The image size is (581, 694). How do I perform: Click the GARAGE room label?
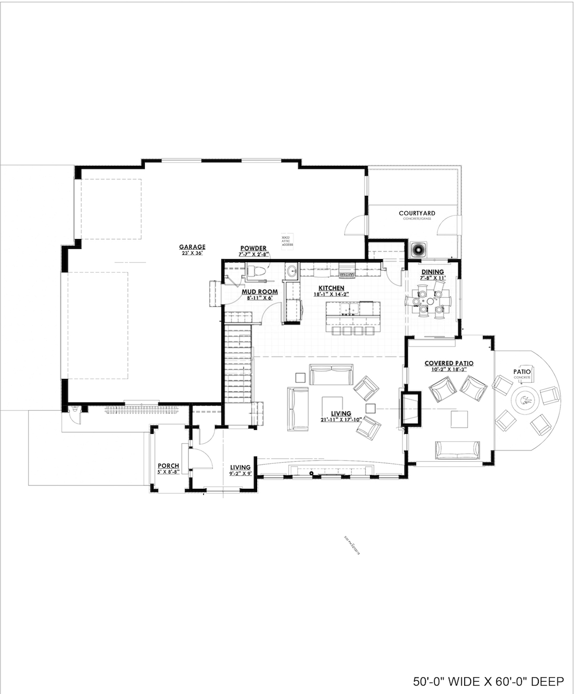coord(192,247)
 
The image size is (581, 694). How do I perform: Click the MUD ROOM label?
coord(260,292)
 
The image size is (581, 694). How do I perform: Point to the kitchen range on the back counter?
coord(347,270)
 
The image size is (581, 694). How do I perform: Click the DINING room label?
coord(432,271)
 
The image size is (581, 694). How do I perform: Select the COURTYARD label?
coord(417,213)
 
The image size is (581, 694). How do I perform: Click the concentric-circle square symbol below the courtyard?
coord(418,250)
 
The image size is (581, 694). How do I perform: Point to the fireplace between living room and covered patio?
coord(410,407)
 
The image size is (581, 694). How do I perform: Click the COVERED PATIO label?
coord(449,363)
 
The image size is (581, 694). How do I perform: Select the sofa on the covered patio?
coord(457,449)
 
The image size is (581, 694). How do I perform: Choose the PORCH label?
coord(168,466)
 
